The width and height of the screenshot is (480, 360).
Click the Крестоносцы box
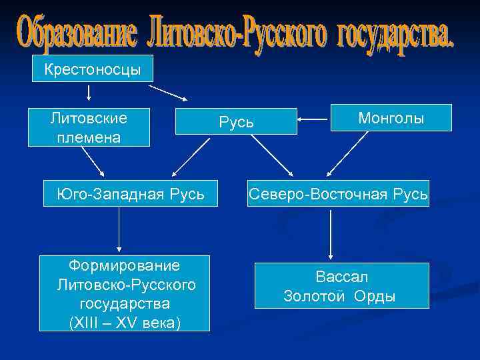[93, 69]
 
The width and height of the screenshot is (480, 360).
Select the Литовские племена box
[89, 127]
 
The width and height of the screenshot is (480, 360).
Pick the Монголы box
[391, 118]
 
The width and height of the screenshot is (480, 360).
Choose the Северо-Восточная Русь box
[339, 194]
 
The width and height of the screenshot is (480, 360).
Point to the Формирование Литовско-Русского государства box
[125, 293]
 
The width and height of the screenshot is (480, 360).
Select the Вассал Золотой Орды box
[342, 286]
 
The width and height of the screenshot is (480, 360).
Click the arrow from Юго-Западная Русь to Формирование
[119, 230]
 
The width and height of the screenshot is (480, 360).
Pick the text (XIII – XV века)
[125, 321]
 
